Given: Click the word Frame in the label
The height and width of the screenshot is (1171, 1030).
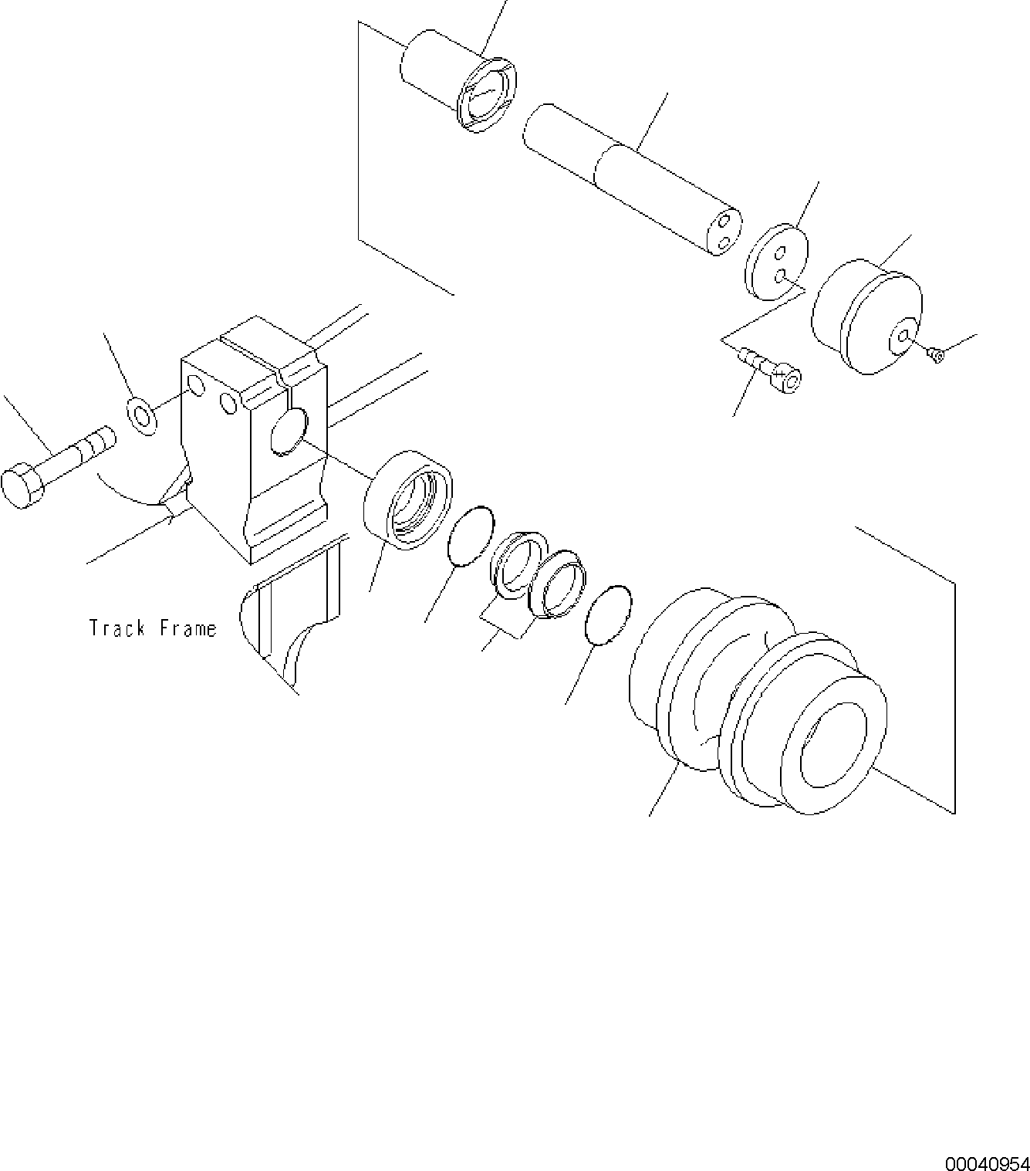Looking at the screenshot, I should [x=188, y=628].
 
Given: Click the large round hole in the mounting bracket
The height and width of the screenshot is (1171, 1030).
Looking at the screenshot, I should [x=289, y=431].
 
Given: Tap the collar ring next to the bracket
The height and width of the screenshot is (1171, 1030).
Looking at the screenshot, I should [x=407, y=499].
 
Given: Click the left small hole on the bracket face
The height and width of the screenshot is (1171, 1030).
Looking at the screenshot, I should [x=197, y=385].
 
